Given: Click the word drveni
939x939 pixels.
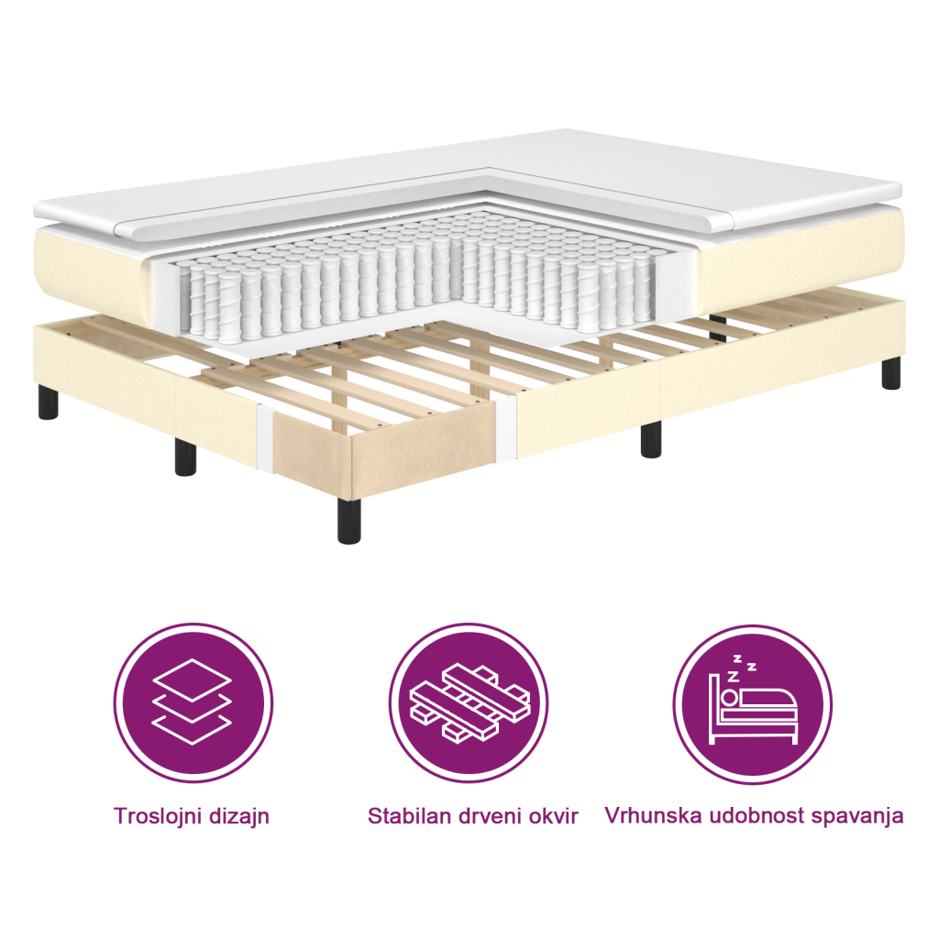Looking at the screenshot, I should [x=496, y=815].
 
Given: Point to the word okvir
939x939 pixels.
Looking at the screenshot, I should [x=557, y=815].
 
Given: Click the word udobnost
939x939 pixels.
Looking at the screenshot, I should [x=750, y=815].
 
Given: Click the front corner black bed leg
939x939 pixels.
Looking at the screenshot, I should [x=348, y=520].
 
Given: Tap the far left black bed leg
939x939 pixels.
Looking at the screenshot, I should [x=48, y=400].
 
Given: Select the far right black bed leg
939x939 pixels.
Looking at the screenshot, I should [x=890, y=371].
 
